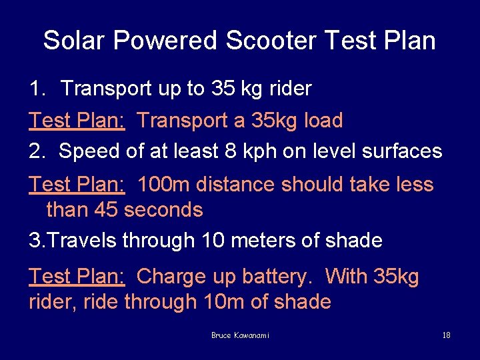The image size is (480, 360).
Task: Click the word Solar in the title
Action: pos(75,41)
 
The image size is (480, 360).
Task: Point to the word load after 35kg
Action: pos(323,121)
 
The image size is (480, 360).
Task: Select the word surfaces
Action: pos(402,151)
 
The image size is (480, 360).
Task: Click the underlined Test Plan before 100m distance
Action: pos(77,184)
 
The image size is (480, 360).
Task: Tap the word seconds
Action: pos(163,210)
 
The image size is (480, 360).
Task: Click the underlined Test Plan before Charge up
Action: pos(77,276)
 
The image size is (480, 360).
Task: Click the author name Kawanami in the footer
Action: pos(251,335)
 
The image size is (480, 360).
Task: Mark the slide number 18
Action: pos(446,335)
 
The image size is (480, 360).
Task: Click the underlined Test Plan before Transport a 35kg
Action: pos(77,121)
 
